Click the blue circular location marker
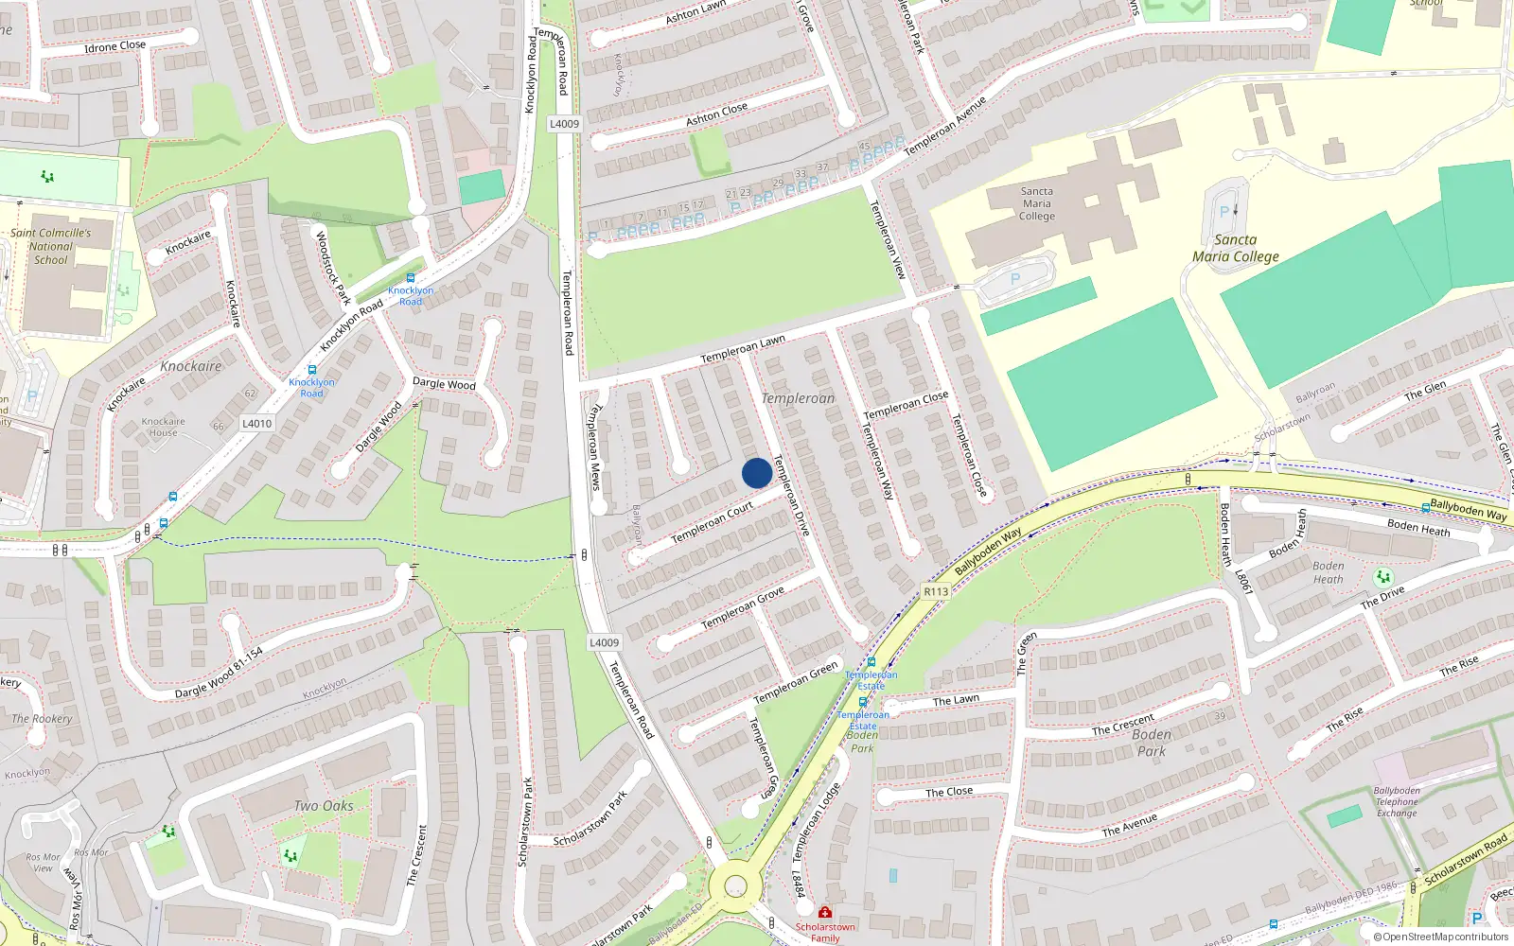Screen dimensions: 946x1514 point(757,473)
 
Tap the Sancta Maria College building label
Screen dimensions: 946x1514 point(1037,203)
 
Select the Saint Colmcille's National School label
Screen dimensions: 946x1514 point(51,246)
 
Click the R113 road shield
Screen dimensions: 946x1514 point(936,591)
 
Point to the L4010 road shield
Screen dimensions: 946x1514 point(256,424)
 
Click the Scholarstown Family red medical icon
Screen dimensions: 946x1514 point(825,912)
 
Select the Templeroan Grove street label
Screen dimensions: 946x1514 point(743,608)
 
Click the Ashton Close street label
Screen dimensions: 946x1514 point(716,114)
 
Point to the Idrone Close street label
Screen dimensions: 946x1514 point(115,46)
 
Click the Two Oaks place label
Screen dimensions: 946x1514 point(324,806)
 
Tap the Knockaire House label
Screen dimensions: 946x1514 point(163,427)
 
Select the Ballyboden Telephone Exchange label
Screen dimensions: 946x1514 point(1397,801)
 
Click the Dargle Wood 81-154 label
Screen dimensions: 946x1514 point(219,674)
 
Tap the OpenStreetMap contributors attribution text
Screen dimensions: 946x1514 point(1441,937)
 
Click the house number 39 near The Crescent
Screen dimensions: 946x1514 point(1220,716)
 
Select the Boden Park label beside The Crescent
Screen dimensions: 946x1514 point(1152,743)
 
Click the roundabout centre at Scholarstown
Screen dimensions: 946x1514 point(735,886)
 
